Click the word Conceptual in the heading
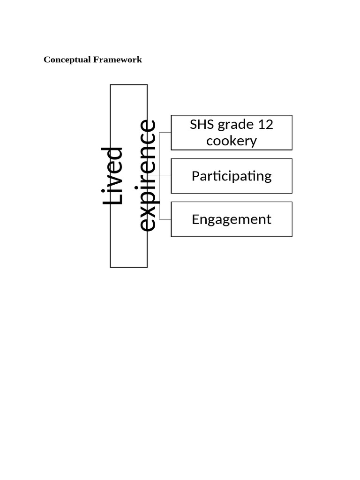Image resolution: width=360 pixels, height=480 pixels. (x=67, y=60)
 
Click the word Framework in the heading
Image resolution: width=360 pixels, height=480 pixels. (x=118, y=60)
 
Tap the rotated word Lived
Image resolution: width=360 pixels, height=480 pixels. (x=112, y=176)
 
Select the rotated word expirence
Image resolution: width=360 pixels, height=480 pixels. (x=148, y=175)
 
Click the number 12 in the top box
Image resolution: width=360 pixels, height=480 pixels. (x=265, y=124)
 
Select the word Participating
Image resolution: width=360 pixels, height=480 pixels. (x=232, y=177)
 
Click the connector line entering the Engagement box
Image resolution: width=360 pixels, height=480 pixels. (x=165, y=219)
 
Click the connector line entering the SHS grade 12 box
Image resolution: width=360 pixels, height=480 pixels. (x=165, y=133)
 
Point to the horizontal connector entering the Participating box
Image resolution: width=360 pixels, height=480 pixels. (x=159, y=176)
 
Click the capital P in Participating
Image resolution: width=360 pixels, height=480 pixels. (x=196, y=176)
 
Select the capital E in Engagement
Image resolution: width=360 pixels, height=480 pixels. (x=195, y=219)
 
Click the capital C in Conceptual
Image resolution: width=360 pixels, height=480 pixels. (x=47, y=60)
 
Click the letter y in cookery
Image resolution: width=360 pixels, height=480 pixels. (x=253, y=143)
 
